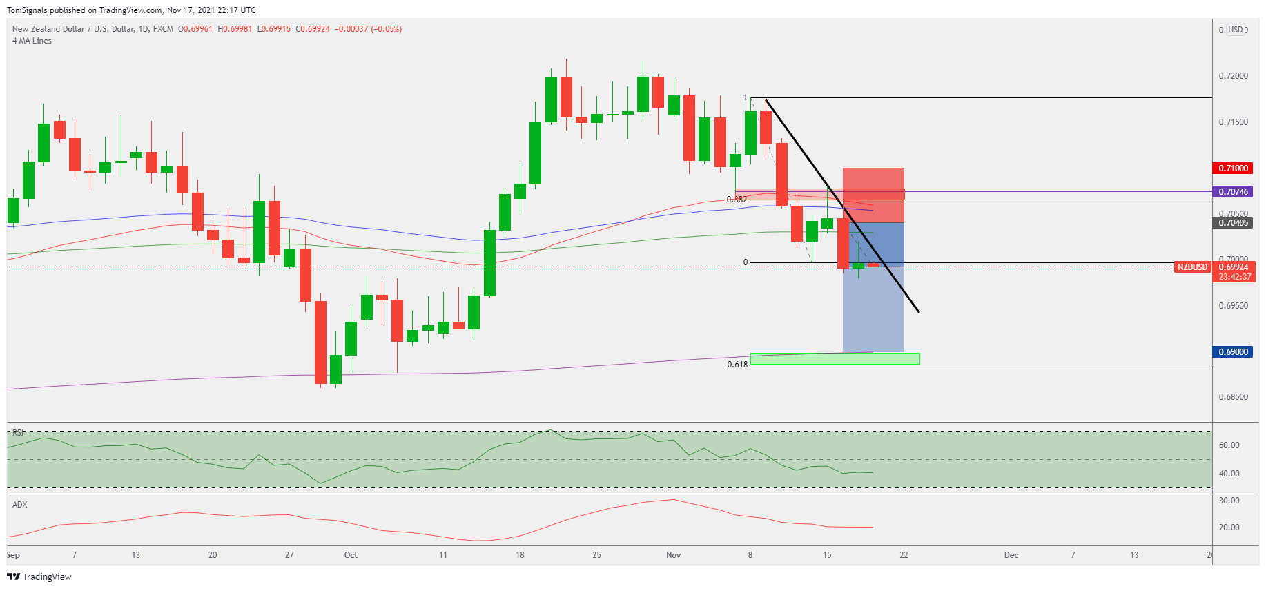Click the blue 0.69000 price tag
1233,352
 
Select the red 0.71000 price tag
1233,168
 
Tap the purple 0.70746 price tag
1233,192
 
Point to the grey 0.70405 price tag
1233,223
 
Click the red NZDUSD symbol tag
1192,267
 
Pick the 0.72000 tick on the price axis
1233,76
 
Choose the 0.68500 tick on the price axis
1233,397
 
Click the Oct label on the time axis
351,555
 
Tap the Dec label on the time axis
1011,555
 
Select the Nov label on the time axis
673,555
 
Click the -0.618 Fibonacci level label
737,365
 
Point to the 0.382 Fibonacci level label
737,200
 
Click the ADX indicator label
20,505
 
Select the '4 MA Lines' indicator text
32,41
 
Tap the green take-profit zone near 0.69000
835,359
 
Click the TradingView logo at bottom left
39,577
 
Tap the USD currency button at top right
1235,30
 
